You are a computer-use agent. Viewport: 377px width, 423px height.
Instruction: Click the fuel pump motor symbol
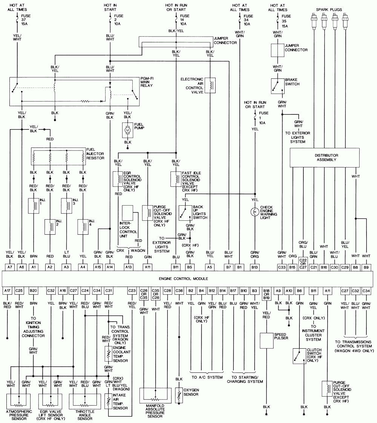tap(127, 130)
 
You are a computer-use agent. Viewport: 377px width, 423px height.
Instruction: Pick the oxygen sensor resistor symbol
tap(179, 394)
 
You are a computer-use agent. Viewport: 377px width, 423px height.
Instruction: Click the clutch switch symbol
tap(299, 356)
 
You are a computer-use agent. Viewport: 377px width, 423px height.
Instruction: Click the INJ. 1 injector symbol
tap(34, 206)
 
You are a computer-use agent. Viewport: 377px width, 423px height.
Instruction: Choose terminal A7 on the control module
tap(10, 267)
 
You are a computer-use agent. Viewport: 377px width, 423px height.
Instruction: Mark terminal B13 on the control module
tap(255, 267)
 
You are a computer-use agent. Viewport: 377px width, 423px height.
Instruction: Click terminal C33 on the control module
tap(282, 267)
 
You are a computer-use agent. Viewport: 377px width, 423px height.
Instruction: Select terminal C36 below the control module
tap(179, 291)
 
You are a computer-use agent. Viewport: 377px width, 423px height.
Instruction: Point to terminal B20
tap(33, 291)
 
